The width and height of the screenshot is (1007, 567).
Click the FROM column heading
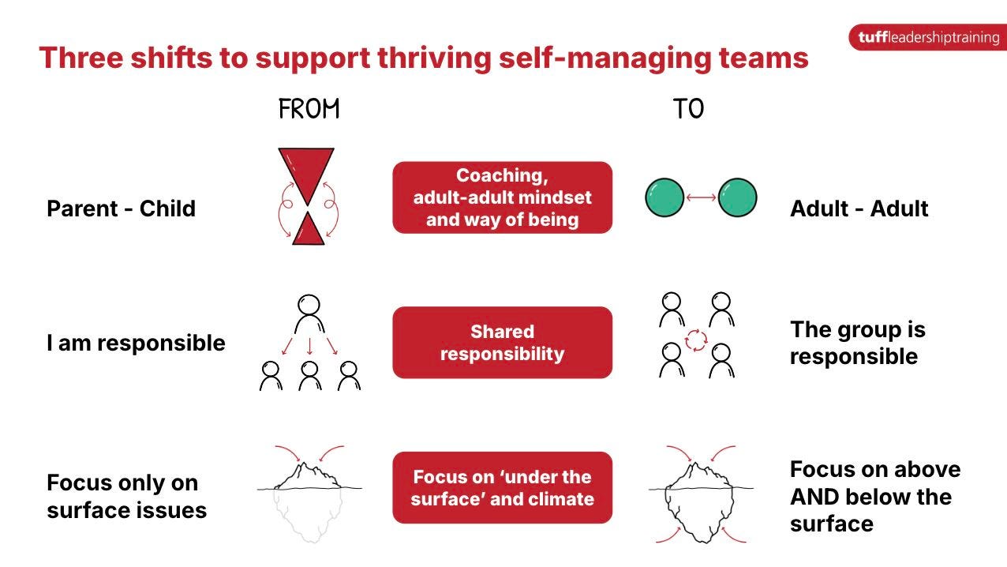pyautogui.click(x=309, y=110)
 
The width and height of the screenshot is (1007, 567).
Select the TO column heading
pyautogui.click(x=688, y=110)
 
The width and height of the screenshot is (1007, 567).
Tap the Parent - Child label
pyautogui.click(x=121, y=208)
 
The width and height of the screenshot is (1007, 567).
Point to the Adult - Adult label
pyautogui.click(x=859, y=208)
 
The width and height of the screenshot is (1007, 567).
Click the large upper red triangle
pyautogui.click(x=305, y=170)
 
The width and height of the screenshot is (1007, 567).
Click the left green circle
pyautogui.click(x=665, y=197)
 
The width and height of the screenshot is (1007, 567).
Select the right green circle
pyautogui.click(x=737, y=197)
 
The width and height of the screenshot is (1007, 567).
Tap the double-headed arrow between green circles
pyautogui.click(x=702, y=197)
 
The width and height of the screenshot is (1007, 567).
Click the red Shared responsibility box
pyautogui.click(x=502, y=343)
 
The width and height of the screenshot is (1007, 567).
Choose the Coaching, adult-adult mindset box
pyautogui.click(x=502, y=197)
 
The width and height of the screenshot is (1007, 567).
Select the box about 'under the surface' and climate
pyautogui.click(x=502, y=487)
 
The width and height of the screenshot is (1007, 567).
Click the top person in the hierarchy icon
pyautogui.click(x=309, y=314)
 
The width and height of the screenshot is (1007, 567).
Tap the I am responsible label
pyautogui.click(x=136, y=343)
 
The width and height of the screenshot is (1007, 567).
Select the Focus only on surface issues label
pyautogui.click(x=126, y=497)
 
